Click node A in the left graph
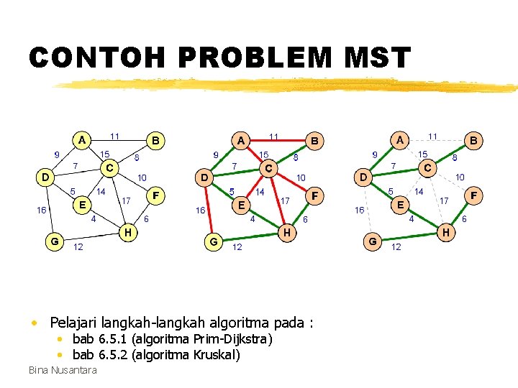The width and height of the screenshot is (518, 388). click(83, 139)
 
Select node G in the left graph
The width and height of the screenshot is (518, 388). click(54, 241)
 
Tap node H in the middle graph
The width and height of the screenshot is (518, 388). click(287, 232)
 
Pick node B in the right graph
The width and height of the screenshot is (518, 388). click(473, 141)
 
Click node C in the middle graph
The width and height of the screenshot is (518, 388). click(268, 169)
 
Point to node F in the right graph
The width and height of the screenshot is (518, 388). click(473, 195)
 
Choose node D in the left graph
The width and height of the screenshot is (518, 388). click(45, 176)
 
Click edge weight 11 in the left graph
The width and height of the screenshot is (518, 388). click(115, 135)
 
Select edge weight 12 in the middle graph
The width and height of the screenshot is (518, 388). click(237, 247)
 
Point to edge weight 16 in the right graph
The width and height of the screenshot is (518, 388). click(358, 210)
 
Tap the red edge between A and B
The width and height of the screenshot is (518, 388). click(277, 140)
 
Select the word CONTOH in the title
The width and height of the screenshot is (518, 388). click(86, 58)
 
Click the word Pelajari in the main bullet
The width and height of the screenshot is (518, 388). click(73, 322)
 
